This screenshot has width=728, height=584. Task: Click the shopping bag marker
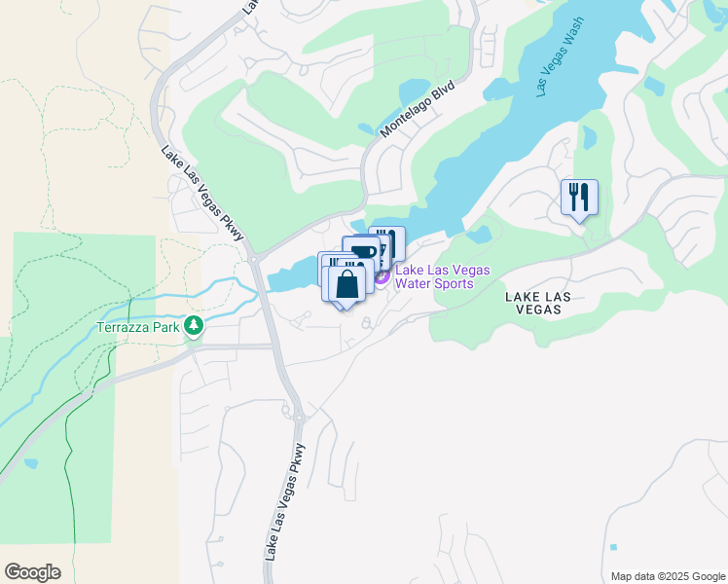[346, 284]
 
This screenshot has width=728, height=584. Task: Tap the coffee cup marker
[361, 251]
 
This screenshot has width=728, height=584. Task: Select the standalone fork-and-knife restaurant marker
[579, 198]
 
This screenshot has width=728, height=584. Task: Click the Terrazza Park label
[138, 328]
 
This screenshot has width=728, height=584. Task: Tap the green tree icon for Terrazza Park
[195, 325]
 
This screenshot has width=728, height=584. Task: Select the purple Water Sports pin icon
[382, 277]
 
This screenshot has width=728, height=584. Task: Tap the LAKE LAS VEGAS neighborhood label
[532, 302]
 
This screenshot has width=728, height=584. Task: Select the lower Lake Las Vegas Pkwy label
[284, 501]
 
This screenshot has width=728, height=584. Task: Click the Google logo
[32, 572]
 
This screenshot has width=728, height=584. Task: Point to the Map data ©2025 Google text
[668, 576]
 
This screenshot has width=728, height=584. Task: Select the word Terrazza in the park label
[122, 328]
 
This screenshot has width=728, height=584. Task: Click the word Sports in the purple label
[453, 283]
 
